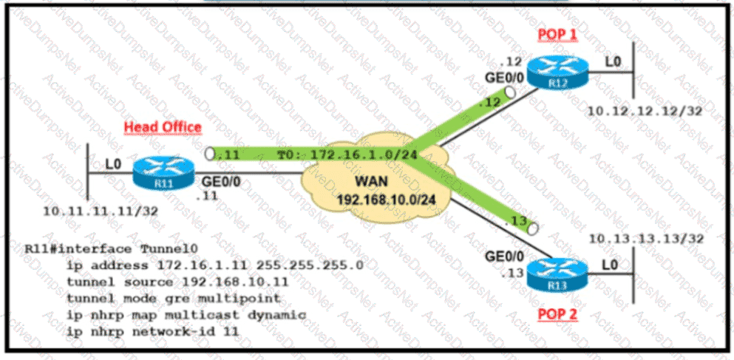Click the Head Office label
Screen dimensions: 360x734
point(163,127)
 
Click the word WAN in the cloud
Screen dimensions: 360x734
point(374,181)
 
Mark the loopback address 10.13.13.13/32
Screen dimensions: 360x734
point(639,239)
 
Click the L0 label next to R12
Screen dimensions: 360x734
point(612,62)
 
